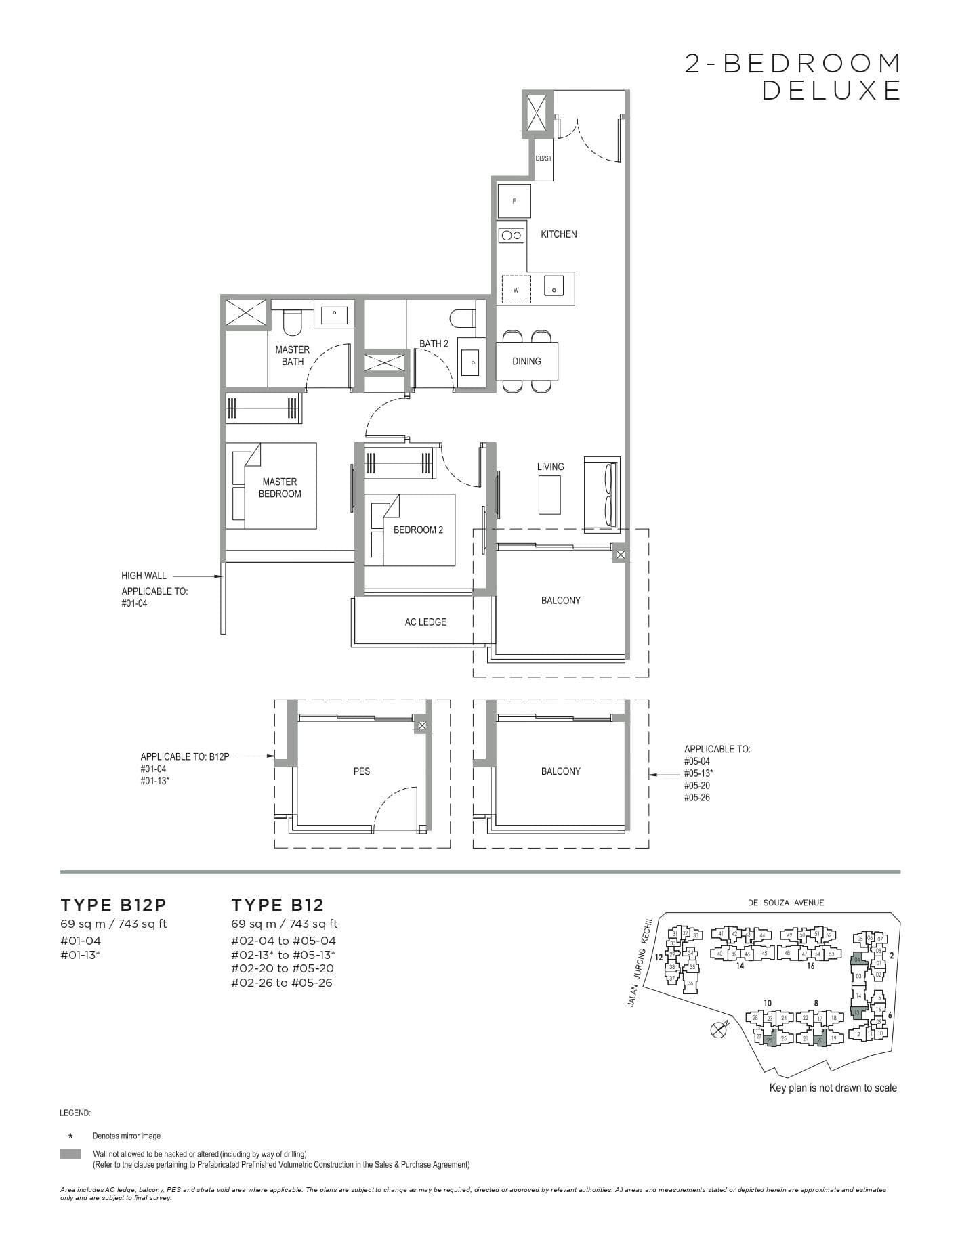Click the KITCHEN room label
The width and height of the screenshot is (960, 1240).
click(558, 234)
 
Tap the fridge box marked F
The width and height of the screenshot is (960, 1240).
click(514, 201)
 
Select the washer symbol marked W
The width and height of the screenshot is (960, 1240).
click(516, 290)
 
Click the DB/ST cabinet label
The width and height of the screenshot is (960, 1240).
click(543, 158)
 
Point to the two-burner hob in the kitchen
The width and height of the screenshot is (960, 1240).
click(511, 236)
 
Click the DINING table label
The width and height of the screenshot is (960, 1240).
click(526, 362)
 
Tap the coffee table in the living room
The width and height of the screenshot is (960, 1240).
click(549, 494)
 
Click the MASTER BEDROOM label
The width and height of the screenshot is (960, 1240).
click(280, 488)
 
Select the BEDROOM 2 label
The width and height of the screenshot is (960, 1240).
click(418, 530)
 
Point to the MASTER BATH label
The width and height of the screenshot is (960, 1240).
click(292, 356)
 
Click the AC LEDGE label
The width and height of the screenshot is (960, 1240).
click(425, 622)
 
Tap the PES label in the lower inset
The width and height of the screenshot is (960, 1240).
click(361, 771)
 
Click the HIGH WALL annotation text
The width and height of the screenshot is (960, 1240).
click(144, 576)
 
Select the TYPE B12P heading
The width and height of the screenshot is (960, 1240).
click(113, 905)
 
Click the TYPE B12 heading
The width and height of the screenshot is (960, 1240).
click(277, 905)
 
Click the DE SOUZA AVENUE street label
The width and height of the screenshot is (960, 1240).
click(786, 903)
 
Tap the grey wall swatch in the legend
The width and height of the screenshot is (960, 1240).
click(70, 1154)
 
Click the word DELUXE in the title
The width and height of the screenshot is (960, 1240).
click(831, 90)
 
